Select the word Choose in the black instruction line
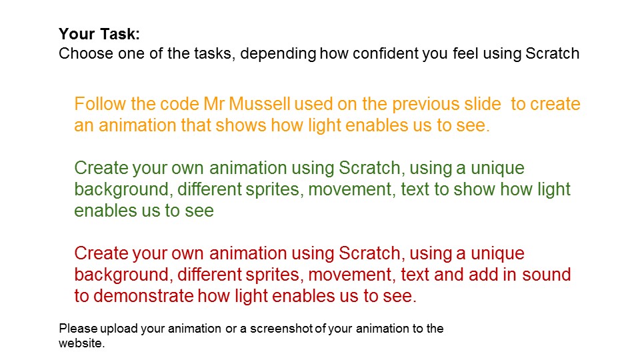tap(86, 53)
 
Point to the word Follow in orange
tap(101, 104)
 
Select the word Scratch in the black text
tap(552, 53)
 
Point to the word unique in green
tap(497, 169)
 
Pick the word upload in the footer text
tap(119, 329)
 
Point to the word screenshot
tap(281, 329)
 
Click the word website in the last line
tap(81, 343)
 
